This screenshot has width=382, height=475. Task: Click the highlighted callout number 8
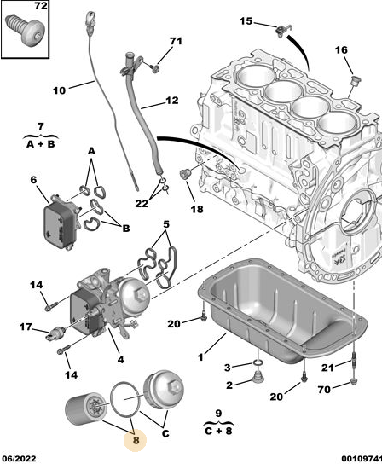click(x=136, y=440)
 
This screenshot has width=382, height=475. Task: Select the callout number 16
click(x=341, y=49)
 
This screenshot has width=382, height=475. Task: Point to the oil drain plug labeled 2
click(x=258, y=378)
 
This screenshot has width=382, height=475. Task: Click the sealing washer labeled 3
click(x=258, y=362)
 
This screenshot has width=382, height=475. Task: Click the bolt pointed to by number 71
click(x=156, y=68)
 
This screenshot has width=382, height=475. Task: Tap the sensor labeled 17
click(x=54, y=333)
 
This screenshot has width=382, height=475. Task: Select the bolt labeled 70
click(x=354, y=381)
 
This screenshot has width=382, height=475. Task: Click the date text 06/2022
click(x=19, y=459)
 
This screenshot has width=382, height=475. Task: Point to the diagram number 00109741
click(x=362, y=459)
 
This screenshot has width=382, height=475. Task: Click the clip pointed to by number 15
click(x=283, y=31)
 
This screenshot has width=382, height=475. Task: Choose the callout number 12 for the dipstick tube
click(x=171, y=101)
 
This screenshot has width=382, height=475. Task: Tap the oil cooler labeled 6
click(x=61, y=223)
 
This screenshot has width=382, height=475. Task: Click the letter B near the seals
click(x=125, y=228)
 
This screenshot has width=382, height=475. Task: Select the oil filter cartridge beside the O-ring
click(x=86, y=408)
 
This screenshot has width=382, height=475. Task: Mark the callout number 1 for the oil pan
click(x=200, y=357)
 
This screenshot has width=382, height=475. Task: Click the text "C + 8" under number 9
click(x=218, y=431)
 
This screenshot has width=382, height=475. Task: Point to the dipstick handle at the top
click(x=90, y=20)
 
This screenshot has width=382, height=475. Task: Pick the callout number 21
click(x=327, y=368)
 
